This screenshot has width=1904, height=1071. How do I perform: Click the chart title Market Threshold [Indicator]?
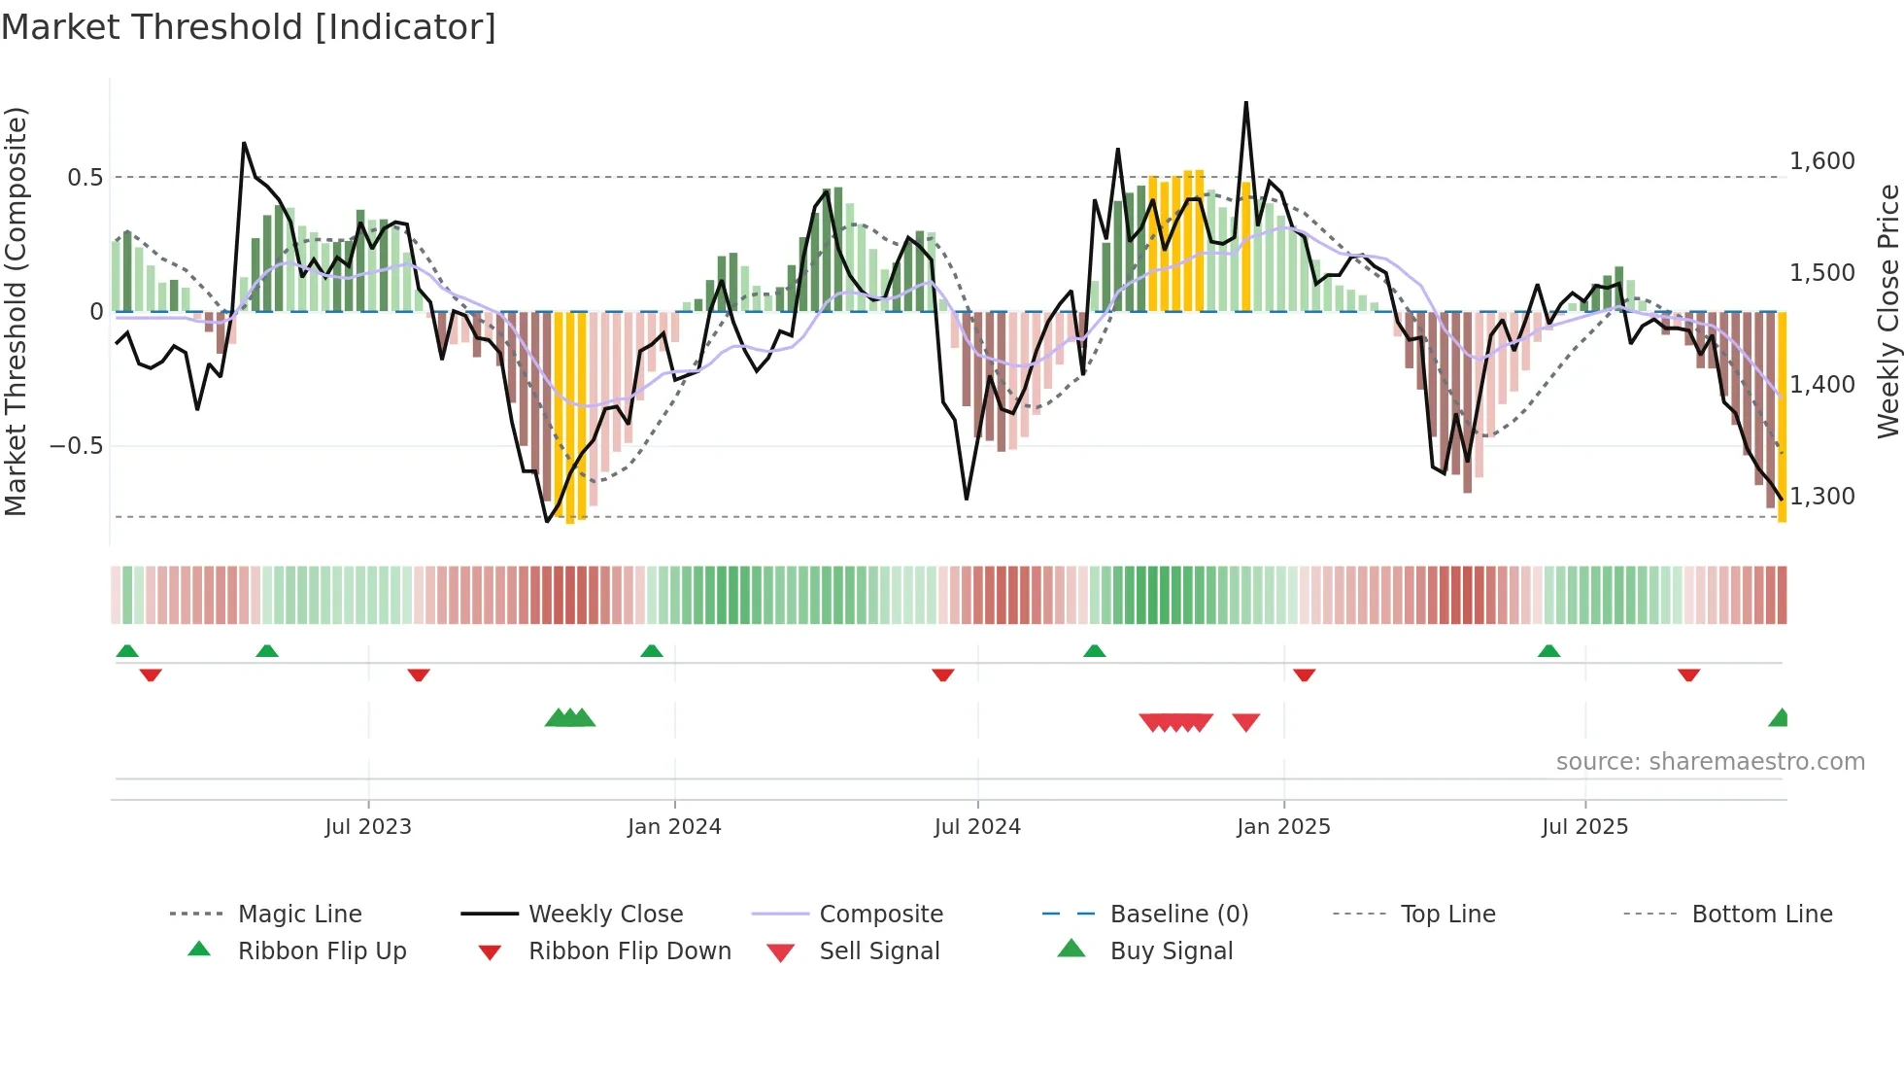[249, 27]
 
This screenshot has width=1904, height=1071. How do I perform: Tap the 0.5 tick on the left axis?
[85, 177]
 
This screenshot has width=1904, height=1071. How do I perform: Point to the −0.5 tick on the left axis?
[77, 446]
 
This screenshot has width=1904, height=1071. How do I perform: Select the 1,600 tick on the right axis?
[1821, 161]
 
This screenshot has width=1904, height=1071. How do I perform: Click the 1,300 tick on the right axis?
[1821, 497]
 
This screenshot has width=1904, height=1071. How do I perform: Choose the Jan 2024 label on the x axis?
[674, 827]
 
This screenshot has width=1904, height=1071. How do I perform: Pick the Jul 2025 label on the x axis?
[1584, 827]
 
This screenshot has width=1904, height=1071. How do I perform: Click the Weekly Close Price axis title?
[1887, 311]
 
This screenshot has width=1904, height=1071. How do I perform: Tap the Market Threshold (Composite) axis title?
[16, 311]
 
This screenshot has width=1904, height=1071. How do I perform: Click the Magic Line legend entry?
[299, 915]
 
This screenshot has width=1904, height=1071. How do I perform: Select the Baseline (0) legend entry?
[1178, 915]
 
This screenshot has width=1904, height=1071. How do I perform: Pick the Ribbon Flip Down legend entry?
[629, 951]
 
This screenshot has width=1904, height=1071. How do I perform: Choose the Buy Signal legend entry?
[1171, 951]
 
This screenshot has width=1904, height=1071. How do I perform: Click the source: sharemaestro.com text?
[1710, 762]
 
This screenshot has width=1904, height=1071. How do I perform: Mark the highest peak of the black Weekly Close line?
[1246, 103]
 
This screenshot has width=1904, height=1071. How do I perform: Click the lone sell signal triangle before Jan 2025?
[1246, 721]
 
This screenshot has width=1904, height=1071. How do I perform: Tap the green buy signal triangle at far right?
[1780, 719]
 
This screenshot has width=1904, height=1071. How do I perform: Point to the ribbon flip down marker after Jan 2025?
[1304, 674]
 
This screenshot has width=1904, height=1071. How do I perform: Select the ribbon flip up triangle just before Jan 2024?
[652, 651]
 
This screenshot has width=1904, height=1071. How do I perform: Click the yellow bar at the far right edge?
[1783, 418]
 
